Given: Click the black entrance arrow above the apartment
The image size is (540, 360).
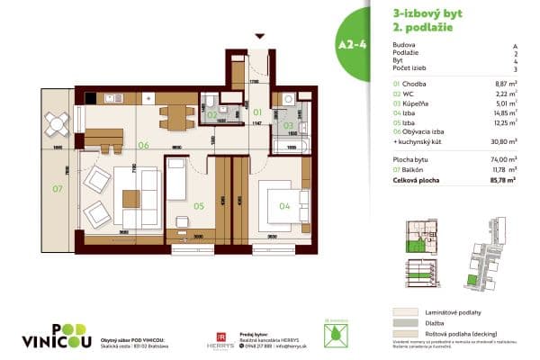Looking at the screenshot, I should tap(259, 37).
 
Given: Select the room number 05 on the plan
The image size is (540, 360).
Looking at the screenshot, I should tap(197, 205).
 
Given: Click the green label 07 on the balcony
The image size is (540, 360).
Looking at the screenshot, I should tap(56, 189).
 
